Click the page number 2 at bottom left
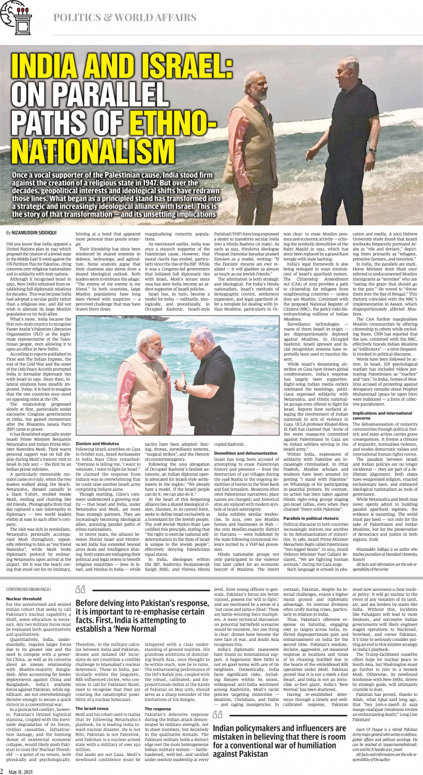[x=3, y=771]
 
